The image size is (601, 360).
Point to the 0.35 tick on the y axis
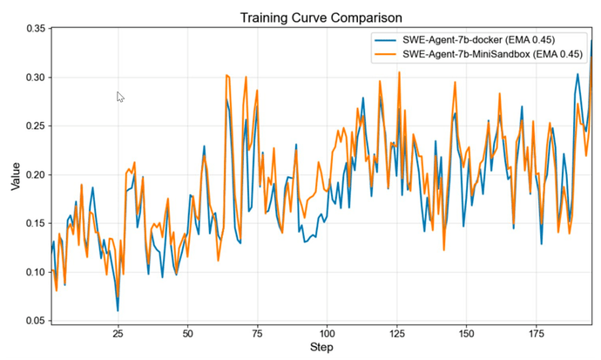[x=34, y=29]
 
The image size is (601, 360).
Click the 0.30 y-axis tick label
[x=34, y=78]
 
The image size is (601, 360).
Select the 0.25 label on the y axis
[x=34, y=126]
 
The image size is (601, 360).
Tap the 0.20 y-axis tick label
[x=34, y=174]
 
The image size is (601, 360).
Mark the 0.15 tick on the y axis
[x=34, y=223]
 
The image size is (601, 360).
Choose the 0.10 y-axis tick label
[x=34, y=272]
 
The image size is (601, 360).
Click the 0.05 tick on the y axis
[x=34, y=321]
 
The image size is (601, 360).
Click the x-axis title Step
[x=322, y=349]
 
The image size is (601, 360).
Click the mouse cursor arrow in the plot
[x=120, y=97]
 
